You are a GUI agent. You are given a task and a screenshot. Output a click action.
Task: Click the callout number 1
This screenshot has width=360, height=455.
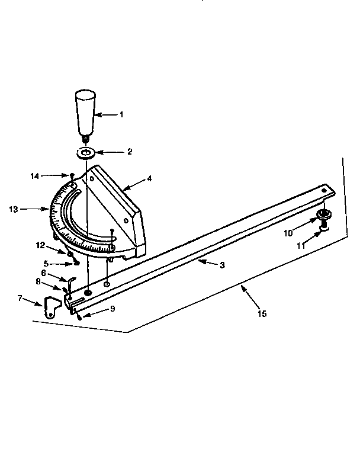pyautogui.click(x=121, y=114)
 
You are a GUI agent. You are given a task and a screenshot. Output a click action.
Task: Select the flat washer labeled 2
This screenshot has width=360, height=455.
pyautogui.click(x=87, y=153)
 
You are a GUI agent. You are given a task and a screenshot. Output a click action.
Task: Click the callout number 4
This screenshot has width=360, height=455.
pyautogui.click(x=149, y=178)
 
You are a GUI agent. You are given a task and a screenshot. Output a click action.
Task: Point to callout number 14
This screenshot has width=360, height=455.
pyautogui.click(x=35, y=175)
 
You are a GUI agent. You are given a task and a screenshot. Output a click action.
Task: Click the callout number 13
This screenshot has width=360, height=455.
pyautogui.click(x=13, y=209)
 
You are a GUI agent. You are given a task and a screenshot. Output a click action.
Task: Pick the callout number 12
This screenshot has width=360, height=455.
pyautogui.click(x=40, y=244)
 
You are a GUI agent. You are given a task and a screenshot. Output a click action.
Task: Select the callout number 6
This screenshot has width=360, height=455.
pyautogui.click(x=43, y=273)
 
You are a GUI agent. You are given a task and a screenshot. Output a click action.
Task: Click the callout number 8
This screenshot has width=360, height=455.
pyautogui.click(x=39, y=283)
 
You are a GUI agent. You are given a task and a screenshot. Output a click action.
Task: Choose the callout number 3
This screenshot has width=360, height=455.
pyautogui.click(x=222, y=265)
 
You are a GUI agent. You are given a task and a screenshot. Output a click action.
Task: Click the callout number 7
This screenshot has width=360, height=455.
pyautogui.click(x=21, y=298)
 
